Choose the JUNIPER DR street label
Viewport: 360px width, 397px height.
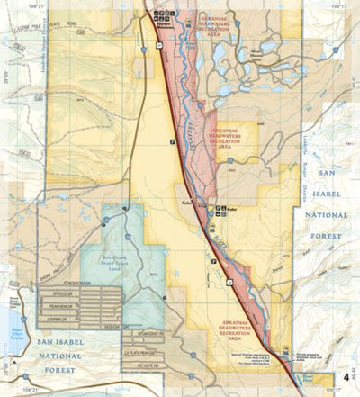pos(57,317)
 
